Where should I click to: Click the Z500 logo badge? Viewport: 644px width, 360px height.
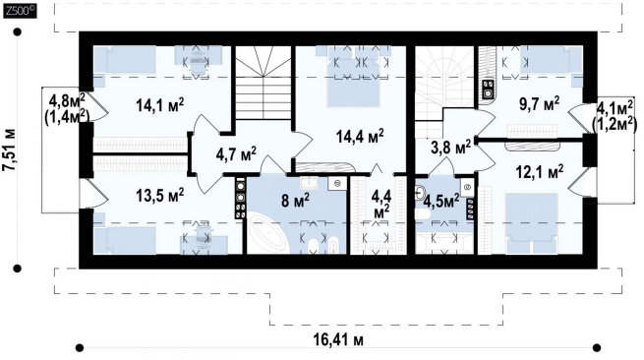click(20, 11)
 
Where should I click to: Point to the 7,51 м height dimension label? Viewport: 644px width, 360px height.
click(9, 150)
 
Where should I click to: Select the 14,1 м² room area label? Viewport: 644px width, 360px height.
click(159, 105)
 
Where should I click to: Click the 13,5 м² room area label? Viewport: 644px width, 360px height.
click(159, 195)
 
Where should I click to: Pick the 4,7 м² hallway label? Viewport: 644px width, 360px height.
click(236, 153)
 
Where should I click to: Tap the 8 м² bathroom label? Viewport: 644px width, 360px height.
click(295, 202)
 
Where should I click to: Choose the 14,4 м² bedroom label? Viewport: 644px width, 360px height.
click(360, 136)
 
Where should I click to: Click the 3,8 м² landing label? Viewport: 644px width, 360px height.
click(450, 148)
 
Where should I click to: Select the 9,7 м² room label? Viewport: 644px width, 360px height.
click(539, 103)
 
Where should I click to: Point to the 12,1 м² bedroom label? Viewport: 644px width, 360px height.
click(539, 171)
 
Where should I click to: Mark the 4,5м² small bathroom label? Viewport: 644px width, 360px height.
click(441, 202)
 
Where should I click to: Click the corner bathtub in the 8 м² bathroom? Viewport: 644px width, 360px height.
click(267, 232)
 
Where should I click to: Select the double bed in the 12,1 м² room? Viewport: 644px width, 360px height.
click(532, 223)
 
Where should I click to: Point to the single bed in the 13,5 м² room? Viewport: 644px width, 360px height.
click(125, 240)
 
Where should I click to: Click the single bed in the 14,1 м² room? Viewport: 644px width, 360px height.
click(125, 60)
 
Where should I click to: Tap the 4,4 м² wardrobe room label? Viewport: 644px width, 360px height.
click(381, 204)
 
